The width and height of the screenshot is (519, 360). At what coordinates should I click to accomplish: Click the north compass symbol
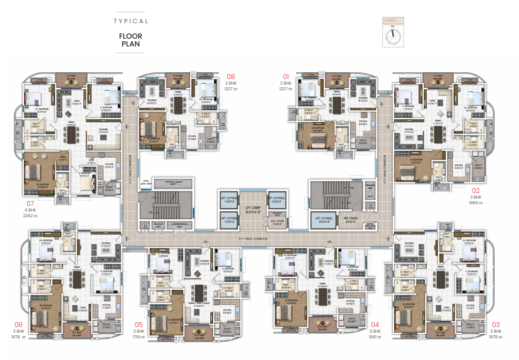(x=393, y=36)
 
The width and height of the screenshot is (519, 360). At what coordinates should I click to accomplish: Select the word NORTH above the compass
(x=393, y=21)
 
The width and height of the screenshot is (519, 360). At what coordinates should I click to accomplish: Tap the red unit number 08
(x=230, y=77)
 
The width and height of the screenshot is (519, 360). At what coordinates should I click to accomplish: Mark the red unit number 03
(x=496, y=325)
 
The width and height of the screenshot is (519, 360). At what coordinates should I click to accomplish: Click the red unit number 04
(x=375, y=325)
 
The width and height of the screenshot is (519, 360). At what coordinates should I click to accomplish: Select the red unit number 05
(x=138, y=325)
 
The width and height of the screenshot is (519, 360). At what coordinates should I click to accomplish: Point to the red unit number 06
(x=18, y=325)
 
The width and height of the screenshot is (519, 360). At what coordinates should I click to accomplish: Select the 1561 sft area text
(x=375, y=337)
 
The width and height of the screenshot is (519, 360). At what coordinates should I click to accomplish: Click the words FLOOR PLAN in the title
(x=131, y=40)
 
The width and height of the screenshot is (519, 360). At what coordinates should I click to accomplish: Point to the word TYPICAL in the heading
(x=131, y=21)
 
